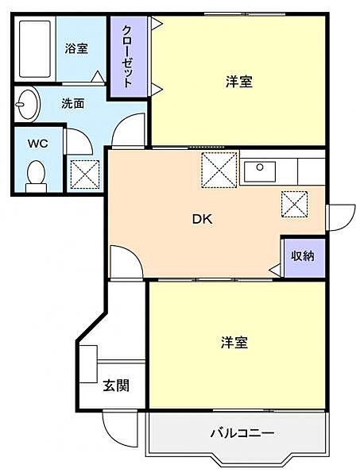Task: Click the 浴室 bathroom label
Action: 76,48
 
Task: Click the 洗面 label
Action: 74,102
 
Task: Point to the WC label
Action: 38,144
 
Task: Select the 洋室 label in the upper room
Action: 238,81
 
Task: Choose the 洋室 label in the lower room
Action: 234,343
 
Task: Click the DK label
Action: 201,221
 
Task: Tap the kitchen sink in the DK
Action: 258,169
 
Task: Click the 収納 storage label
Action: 302,255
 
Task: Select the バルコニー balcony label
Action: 242,434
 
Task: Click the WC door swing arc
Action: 77,141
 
